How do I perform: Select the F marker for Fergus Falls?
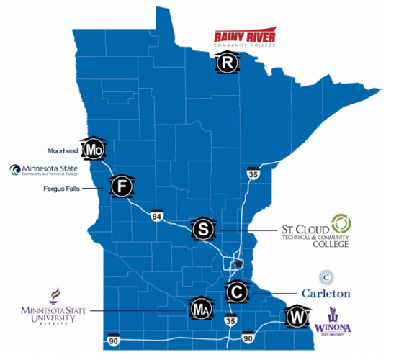(x=122, y=187)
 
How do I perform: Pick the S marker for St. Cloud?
(x=203, y=229)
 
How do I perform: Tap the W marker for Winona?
(x=296, y=317)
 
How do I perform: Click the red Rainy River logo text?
(x=242, y=37)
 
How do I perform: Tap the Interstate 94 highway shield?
(x=156, y=215)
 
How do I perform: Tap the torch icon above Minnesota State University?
(x=55, y=294)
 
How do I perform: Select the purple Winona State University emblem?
(x=333, y=315)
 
